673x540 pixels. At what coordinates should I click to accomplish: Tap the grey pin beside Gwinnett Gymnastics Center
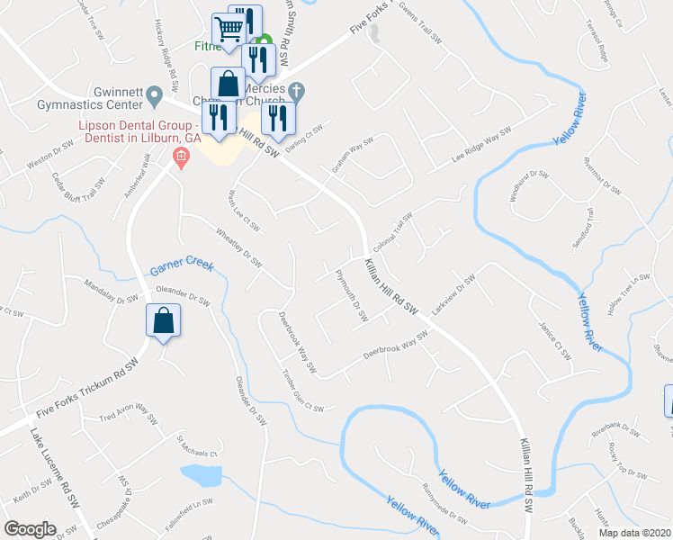tap(154, 94)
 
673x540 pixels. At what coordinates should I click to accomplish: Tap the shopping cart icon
tap(229, 30)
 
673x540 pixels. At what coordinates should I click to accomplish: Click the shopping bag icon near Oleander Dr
tap(164, 321)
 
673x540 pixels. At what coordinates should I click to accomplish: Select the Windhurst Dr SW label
tap(530, 184)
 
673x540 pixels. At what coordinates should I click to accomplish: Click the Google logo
tap(30, 529)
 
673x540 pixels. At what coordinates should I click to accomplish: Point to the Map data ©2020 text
tap(633, 533)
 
